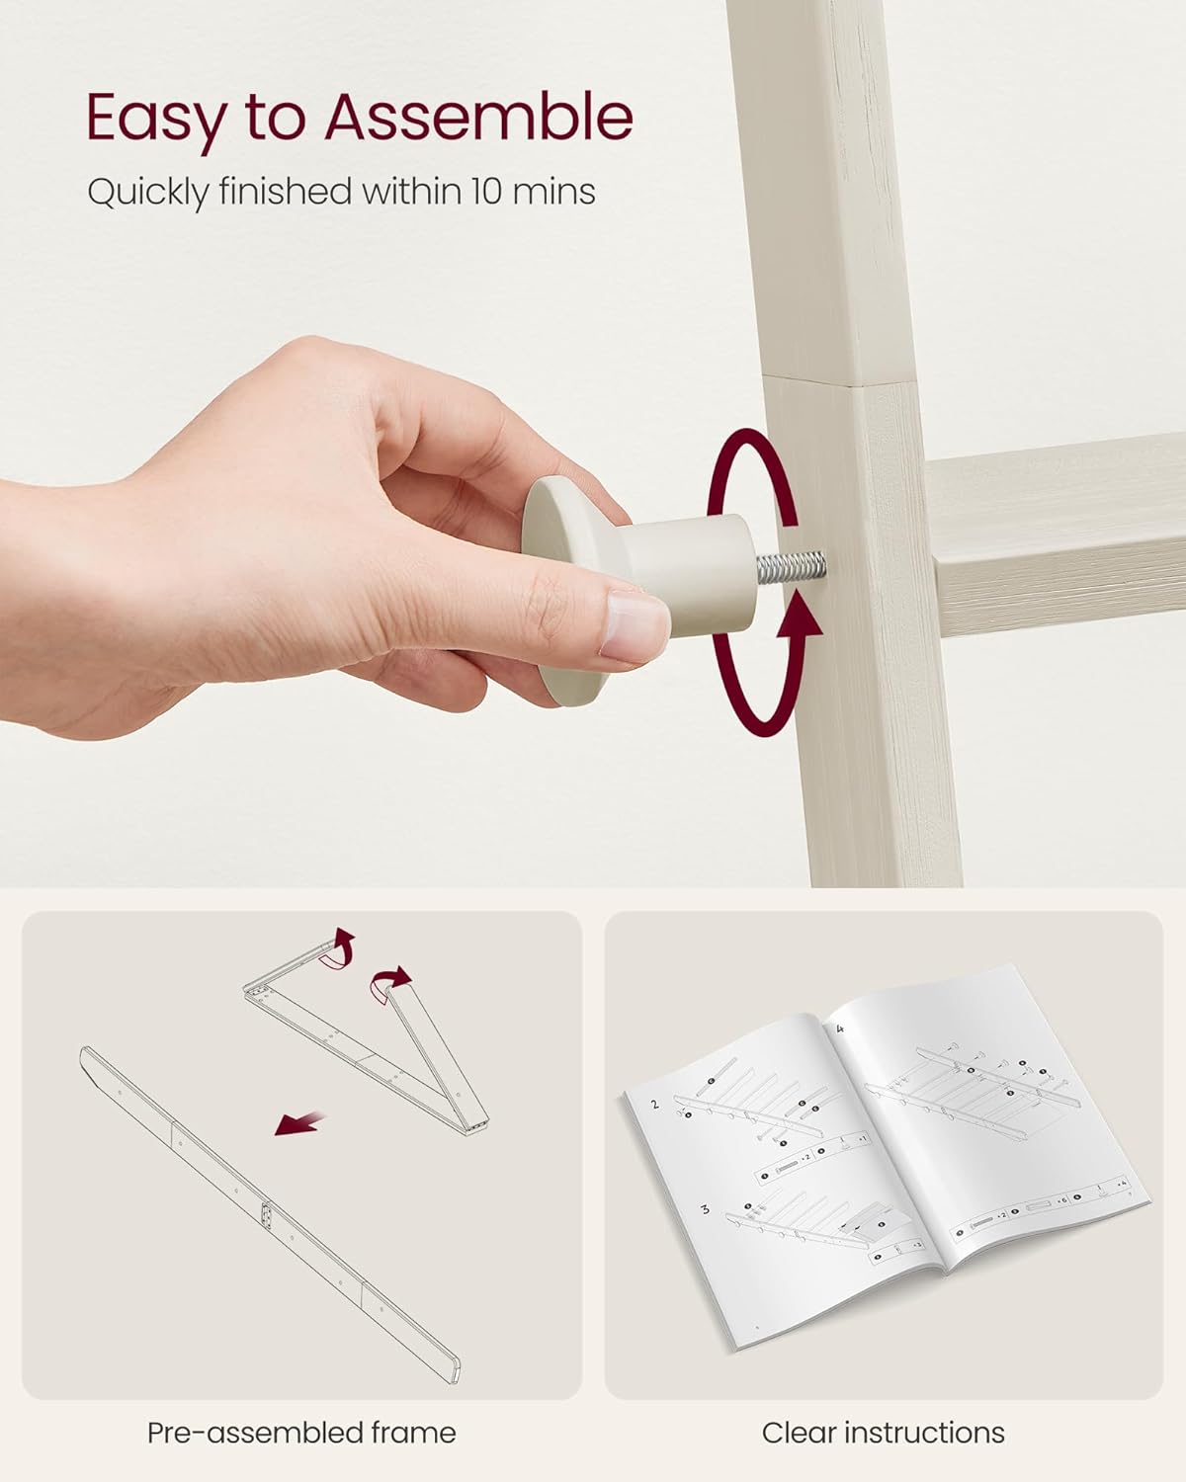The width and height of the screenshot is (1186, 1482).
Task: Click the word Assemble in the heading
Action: (479, 117)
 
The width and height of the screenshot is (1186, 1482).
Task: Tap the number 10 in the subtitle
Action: (486, 191)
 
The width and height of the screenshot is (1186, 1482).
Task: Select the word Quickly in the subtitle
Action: (148, 194)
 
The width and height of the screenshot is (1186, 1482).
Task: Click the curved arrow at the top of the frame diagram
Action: (339, 949)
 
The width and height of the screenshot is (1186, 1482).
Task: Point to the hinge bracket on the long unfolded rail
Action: (267, 1213)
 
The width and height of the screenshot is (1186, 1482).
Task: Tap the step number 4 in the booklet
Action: (839, 1029)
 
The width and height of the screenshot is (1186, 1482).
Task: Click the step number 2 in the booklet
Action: (654, 1104)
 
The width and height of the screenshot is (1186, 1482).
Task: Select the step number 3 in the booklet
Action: (705, 1209)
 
